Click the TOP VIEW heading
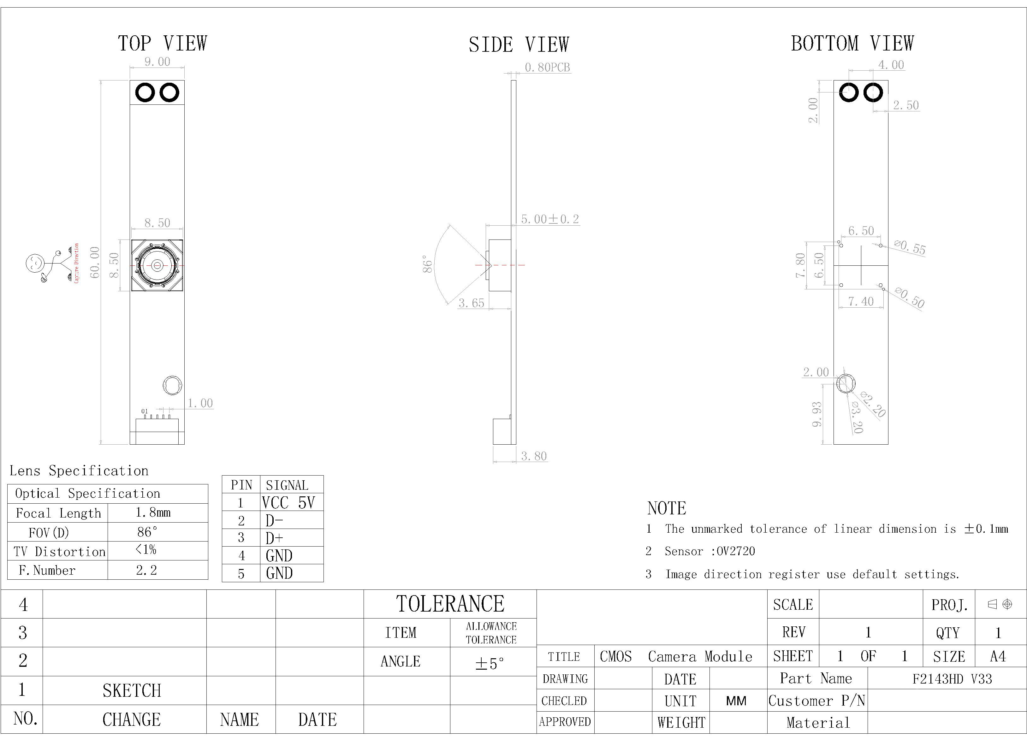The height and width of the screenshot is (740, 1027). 162,44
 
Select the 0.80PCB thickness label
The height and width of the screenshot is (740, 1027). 547,68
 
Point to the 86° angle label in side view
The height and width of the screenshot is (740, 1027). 427,264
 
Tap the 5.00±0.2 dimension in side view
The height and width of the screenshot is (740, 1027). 550,219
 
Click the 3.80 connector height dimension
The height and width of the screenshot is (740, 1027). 533,456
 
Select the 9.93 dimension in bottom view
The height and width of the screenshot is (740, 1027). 816,414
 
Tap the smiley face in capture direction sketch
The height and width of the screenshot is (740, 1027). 35,262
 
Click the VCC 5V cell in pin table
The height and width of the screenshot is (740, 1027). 288,503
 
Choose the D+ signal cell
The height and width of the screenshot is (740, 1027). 274,538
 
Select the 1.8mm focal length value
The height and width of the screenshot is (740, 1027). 153,513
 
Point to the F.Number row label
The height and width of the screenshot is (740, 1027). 47,570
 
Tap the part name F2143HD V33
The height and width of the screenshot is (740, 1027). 952,679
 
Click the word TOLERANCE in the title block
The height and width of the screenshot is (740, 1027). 450,604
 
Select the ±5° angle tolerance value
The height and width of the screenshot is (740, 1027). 490,663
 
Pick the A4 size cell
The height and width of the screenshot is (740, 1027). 998,656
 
